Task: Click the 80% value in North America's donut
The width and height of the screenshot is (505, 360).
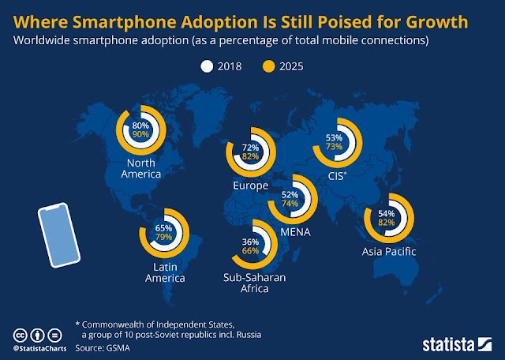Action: (x=141, y=125)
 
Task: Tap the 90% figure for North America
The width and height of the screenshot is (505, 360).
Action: (x=141, y=135)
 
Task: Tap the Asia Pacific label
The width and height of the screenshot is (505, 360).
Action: (x=387, y=252)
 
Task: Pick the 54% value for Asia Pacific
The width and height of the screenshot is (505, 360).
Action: (x=387, y=213)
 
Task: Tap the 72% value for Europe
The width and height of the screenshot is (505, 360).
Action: (x=249, y=148)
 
